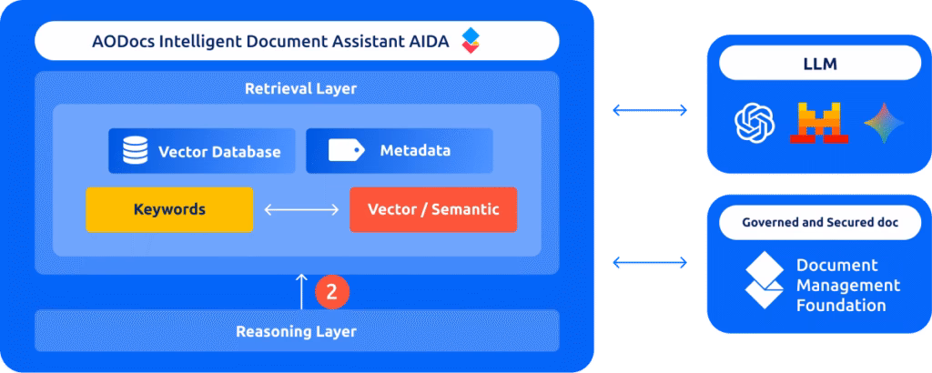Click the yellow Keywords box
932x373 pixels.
click(169, 209)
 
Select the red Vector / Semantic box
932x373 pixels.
click(433, 209)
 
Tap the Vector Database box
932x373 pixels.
click(202, 151)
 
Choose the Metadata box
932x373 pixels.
click(400, 151)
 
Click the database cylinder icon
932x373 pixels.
click(136, 151)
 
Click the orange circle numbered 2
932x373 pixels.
click(332, 291)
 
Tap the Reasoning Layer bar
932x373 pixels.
click(297, 331)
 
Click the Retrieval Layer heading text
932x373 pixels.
click(300, 89)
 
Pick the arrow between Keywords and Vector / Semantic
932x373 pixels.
click(301, 210)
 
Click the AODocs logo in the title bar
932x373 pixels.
click(470, 40)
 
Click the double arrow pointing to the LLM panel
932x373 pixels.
click(649, 111)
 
